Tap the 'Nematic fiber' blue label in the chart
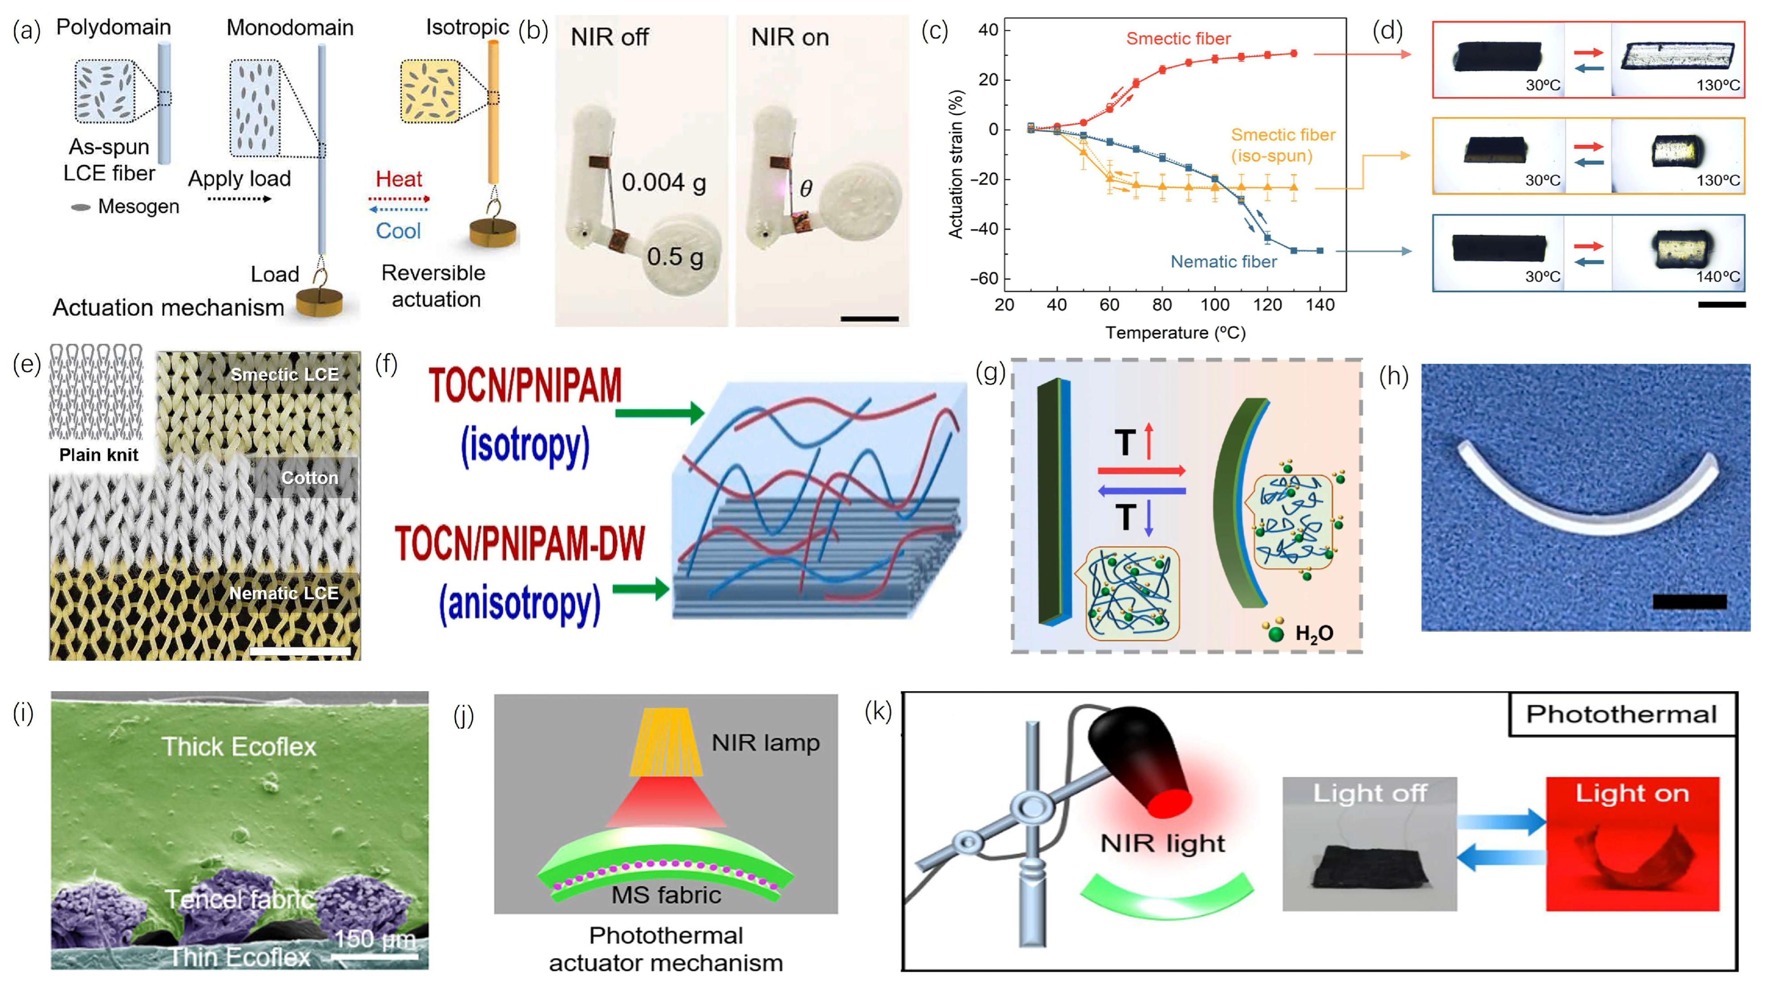pyautogui.click(x=1223, y=261)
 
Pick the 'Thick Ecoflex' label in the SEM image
pyautogui.click(x=239, y=746)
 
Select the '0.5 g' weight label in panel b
pyautogui.click(x=675, y=256)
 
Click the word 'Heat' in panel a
pyautogui.click(x=399, y=179)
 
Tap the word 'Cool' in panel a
pyautogui.click(x=398, y=231)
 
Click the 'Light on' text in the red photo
pyautogui.click(x=1632, y=793)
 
